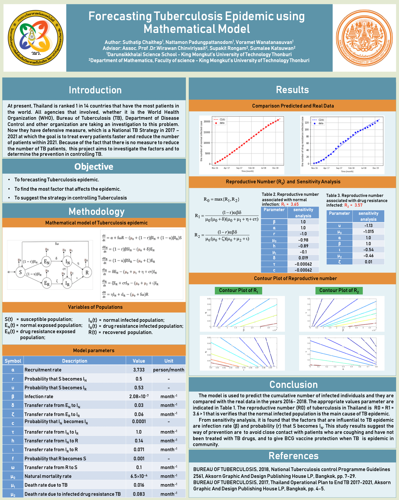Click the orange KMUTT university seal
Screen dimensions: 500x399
click(x=364, y=38)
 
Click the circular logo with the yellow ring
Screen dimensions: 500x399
click(x=35, y=38)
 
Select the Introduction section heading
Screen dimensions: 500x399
click(x=95, y=90)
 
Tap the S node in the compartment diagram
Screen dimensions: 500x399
click(x=20, y=272)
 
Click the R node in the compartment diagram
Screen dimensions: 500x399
click(x=87, y=272)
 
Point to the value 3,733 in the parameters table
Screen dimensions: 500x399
click(x=139, y=370)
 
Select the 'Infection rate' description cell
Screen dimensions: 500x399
click(x=39, y=396)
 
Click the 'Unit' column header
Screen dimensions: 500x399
click(x=169, y=361)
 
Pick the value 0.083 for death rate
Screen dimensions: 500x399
click(x=139, y=494)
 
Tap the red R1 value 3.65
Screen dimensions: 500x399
click(x=295, y=204)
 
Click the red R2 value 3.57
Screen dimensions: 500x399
click(x=358, y=205)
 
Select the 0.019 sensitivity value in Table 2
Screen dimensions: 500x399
click(x=303, y=258)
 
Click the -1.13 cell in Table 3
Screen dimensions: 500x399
click(x=368, y=226)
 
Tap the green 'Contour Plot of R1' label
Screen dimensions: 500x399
click(x=238, y=291)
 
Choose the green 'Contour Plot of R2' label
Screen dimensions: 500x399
click(x=339, y=291)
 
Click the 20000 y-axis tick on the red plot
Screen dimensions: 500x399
click(x=207, y=121)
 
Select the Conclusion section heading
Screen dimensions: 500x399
click(x=293, y=385)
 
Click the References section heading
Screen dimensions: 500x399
click(x=293, y=456)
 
